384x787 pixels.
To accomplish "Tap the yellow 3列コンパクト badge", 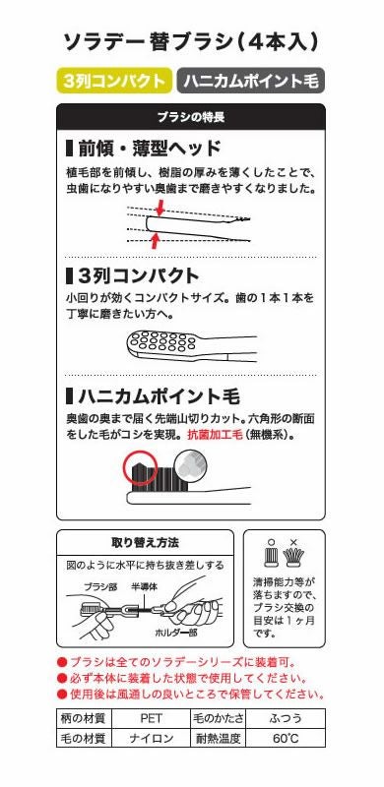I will (113, 82).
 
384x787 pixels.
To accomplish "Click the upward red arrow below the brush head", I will (153, 240).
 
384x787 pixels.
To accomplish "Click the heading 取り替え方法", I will (145, 542).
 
